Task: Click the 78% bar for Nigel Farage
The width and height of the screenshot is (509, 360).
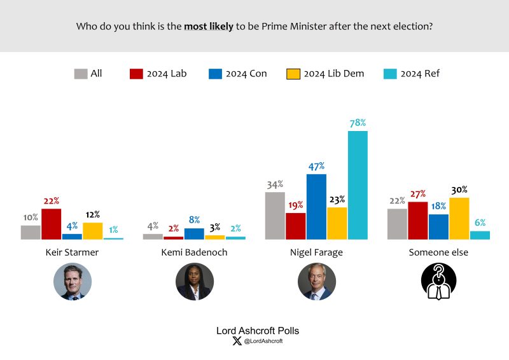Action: coord(358,185)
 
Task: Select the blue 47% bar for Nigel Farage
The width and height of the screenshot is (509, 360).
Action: coord(316,207)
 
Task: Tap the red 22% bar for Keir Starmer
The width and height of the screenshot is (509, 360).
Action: coord(51,224)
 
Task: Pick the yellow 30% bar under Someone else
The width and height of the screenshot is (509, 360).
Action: coord(459,218)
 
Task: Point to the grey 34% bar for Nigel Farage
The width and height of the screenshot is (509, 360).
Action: coord(275,216)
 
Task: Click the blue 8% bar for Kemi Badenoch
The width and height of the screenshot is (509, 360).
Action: coord(194,233)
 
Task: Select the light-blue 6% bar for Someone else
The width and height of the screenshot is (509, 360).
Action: coord(480,235)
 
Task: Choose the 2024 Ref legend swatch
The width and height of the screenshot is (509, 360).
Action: coord(390,74)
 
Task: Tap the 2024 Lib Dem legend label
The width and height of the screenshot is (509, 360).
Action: coord(333,74)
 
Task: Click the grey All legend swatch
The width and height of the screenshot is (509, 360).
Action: coord(81,74)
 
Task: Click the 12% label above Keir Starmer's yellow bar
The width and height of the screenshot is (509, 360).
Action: coord(92,215)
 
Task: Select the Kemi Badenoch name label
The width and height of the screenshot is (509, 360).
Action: coord(195,253)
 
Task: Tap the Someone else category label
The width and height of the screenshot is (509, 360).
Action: coord(438,253)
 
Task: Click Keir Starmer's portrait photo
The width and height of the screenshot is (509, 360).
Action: coord(73,282)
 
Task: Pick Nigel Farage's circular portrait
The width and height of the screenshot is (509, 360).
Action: coord(316,282)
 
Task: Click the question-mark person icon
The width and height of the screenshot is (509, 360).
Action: coord(438,282)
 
